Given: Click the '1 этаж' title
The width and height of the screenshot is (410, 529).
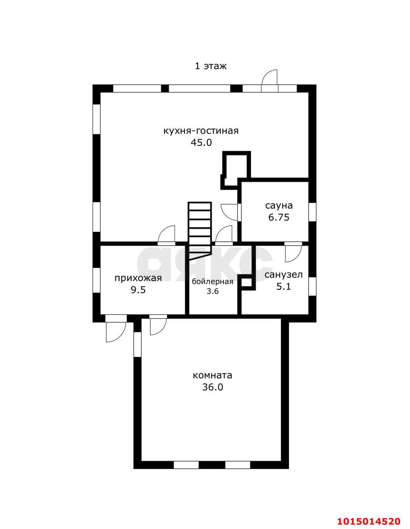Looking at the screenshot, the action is click(211, 66).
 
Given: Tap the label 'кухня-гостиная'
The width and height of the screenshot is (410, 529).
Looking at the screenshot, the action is click(201, 131).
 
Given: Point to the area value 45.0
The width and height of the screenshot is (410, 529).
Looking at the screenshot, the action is click(201, 143).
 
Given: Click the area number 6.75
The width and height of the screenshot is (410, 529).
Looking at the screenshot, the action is click(279, 217).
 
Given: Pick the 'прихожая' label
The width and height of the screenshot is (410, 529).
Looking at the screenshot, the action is click(138, 278).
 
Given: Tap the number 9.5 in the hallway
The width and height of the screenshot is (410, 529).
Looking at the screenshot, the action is click(138, 290).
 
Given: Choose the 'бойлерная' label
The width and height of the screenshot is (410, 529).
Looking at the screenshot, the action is click(212, 282).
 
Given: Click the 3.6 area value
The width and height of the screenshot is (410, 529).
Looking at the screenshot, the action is click(212, 291).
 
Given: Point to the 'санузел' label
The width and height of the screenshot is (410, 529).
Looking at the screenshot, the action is click(283, 275).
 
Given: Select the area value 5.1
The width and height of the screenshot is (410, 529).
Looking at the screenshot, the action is click(283, 286).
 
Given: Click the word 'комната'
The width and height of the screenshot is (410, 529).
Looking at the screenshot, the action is click(212, 375).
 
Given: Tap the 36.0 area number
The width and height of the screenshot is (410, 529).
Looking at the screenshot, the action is click(212, 387).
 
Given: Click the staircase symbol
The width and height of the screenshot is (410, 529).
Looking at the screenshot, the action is click(199, 231).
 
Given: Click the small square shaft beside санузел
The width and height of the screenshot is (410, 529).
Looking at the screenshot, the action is click(246, 282).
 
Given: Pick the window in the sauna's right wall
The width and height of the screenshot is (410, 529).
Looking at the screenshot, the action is click(312, 212).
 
